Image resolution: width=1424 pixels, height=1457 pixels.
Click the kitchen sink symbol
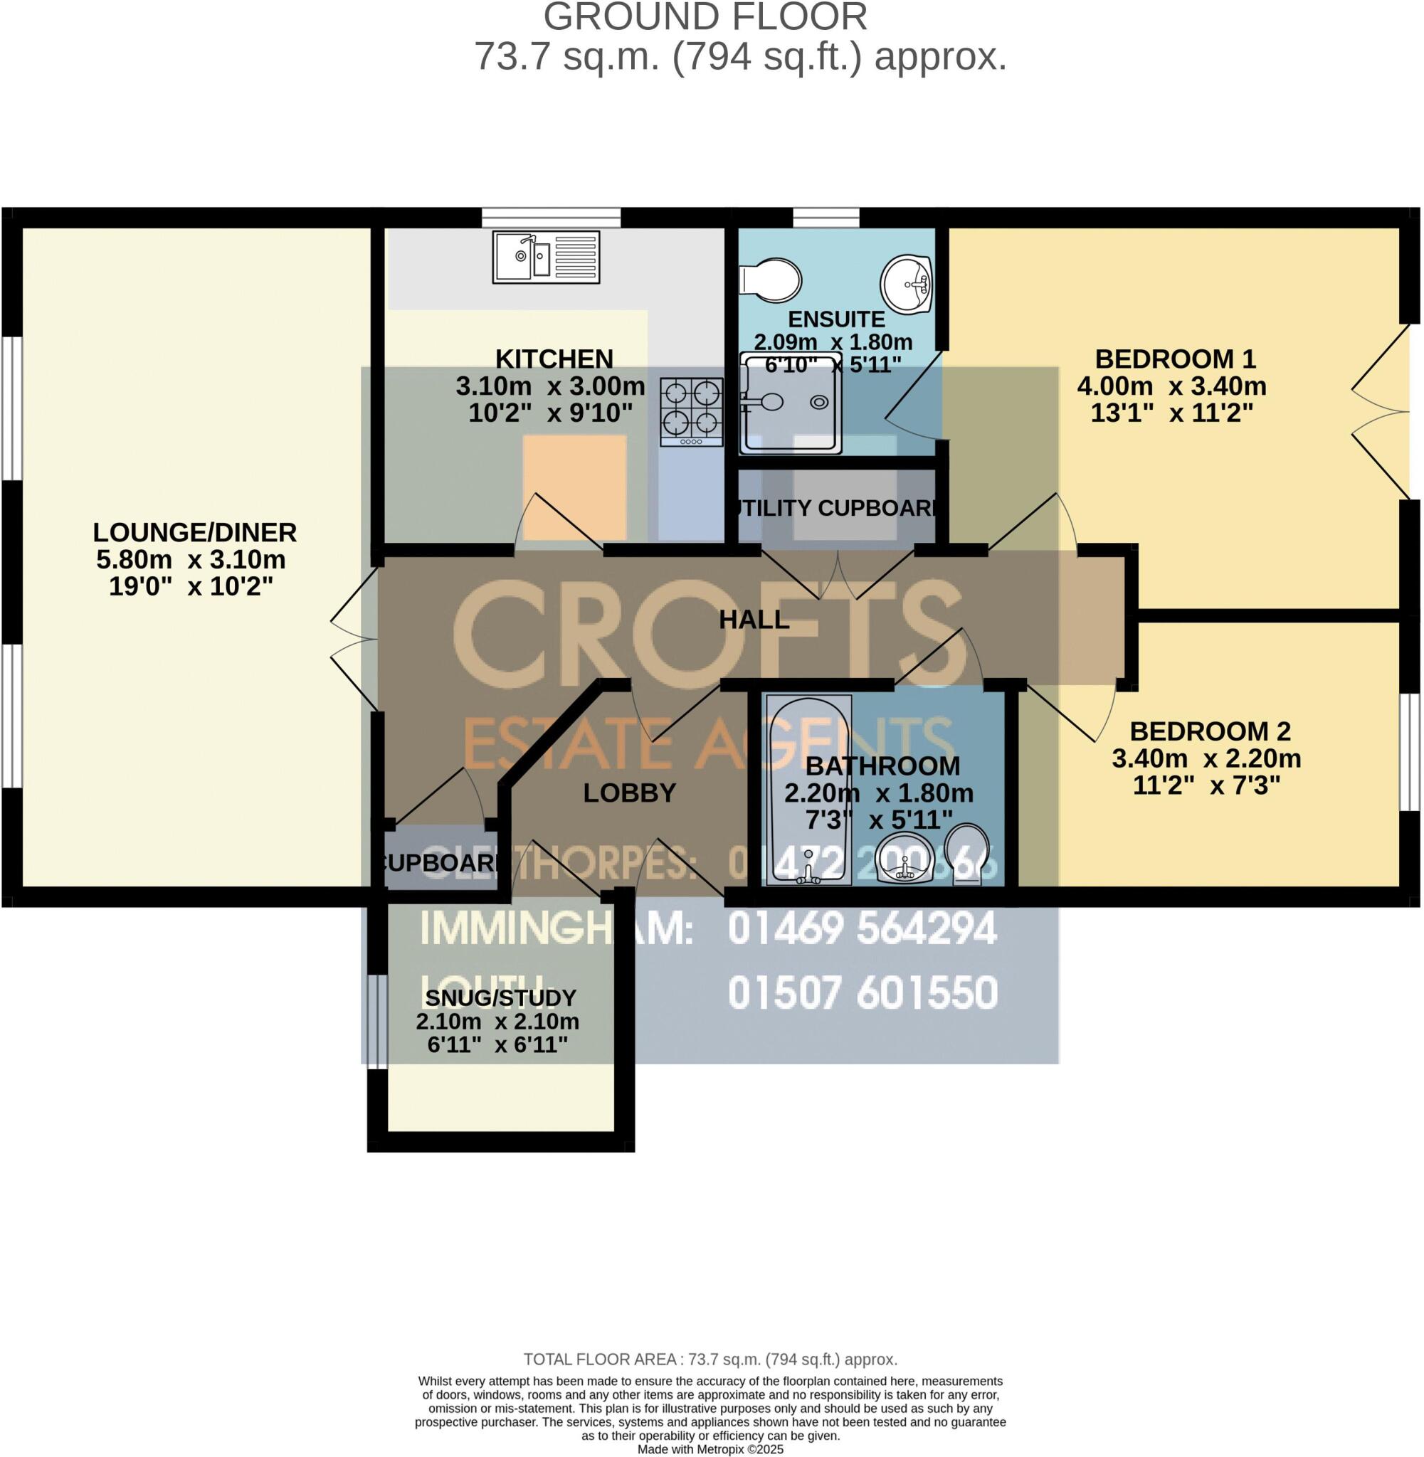pyautogui.click(x=546, y=257)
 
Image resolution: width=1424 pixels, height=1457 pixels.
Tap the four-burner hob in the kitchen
pyautogui.click(x=691, y=411)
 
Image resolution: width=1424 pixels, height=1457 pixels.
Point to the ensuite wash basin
pyautogui.click(x=907, y=282)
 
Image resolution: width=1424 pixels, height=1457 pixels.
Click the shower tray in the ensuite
pyautogui.click(x=791, y=403)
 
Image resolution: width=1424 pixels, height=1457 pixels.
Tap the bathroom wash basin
pyautogui.click(x=904, y=858)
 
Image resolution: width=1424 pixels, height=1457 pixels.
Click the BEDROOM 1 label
pyautogui.click(x=1174, y=359)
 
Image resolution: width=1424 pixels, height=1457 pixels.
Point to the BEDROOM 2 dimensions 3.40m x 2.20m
pyautogui.click(x=1206, y=758)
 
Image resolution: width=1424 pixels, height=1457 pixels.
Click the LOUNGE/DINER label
pyautogui.click(x=194, y=532)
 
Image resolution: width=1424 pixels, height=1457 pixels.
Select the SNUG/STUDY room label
pyautogui.click(x=500, y=998)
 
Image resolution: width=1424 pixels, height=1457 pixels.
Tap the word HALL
pyautogui.click(x=754, y=620)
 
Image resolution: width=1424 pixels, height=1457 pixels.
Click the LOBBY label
pyautogui.click(x=629, y=793)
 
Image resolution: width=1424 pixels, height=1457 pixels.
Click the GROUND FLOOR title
pyautogui.click(x=705, y=16)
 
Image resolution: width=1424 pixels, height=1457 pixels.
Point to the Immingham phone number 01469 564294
pyautogui.click(x=862, y=929)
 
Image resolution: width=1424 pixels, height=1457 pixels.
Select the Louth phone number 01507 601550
pyautogui.click(x=862, y=992)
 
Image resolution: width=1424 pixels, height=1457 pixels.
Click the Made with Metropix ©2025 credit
pyautogui.click(x=710, y=1448)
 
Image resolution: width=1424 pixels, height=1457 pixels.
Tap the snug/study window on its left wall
pyautogui.click(x=378, y=1020)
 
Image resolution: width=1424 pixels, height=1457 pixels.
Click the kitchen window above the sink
pyautogui.click(x=552, y=218)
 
